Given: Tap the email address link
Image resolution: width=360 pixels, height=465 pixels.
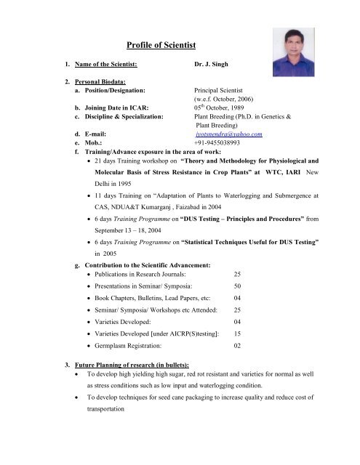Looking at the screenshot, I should coord(228,134).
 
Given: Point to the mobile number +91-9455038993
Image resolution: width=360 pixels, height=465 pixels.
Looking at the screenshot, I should coord(224,144).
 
